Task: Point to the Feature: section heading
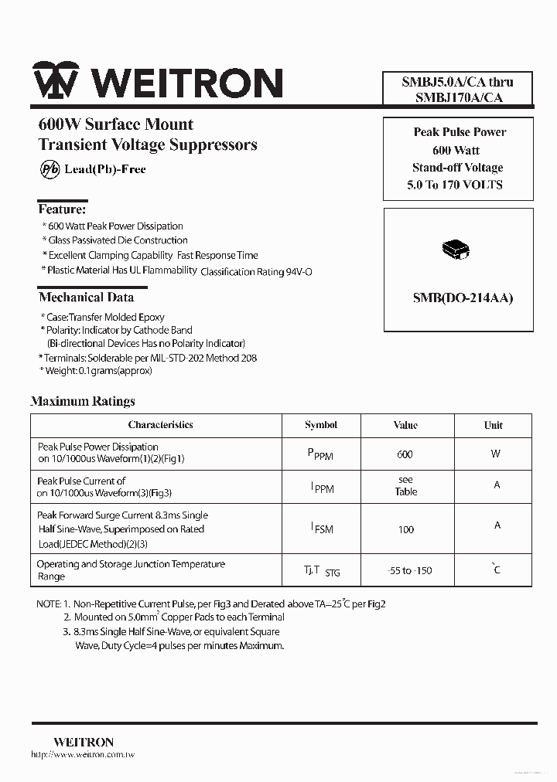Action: [x=62, y=209]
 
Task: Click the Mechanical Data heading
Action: [x=86, y=297]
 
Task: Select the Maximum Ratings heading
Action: [x=83, y=401]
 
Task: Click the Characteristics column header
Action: [x=160, y=425]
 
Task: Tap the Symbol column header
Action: [x=321, y=425]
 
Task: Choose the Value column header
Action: [x=405, y=425]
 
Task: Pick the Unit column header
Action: [x=493, y=425]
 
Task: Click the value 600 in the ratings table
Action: [x=405, y=454]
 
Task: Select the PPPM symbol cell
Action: [x=320, y=455]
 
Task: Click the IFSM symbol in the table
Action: [x=321, y=529]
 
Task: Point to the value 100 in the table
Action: [x=405, y=529]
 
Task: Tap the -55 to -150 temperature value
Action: [x=409, y=571]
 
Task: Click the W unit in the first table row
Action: [x=495, y=454]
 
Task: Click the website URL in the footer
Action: [x=83, y=754]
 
